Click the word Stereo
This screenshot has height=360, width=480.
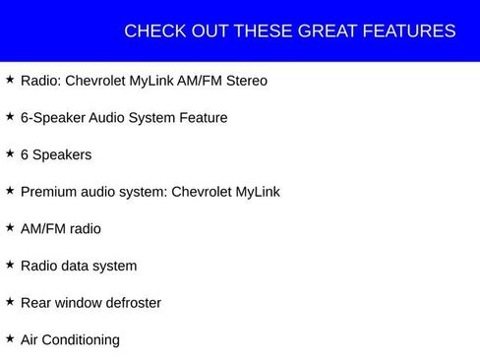tap(245, 81)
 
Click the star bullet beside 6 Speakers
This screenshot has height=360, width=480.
tap(10, 153)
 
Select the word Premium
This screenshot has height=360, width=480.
tap(49, 192)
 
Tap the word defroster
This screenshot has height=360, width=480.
tap(129, 303)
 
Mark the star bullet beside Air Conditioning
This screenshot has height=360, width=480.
tap(10, 338)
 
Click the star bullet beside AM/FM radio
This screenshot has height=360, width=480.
tap(10, 227)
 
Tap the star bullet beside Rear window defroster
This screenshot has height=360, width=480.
tap(10, 301)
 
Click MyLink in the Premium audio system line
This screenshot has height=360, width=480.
tap(258, 192)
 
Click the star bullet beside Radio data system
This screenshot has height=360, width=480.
tap(10, 264)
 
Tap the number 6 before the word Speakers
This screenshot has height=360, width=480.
tap(25, 154)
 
